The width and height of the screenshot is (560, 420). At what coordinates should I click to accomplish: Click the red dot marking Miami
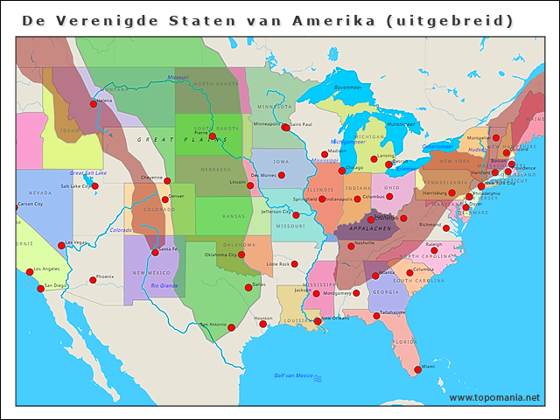point(417,369)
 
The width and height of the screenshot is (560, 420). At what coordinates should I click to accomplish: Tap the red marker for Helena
point(94,104)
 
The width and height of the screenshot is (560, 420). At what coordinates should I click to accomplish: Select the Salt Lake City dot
point(94,185)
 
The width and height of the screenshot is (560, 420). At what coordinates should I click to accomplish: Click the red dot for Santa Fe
point(156,252)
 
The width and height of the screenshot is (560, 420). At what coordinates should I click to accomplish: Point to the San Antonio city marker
point(231,327)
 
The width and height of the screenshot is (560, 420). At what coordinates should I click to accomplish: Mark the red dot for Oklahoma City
point(241,255)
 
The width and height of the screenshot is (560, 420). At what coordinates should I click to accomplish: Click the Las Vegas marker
point(61,246)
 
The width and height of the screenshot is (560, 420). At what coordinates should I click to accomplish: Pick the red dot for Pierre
point(212,136)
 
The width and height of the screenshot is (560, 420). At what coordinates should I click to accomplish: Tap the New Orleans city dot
point(318,321)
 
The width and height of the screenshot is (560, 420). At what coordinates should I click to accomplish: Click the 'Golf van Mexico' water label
point(293,375)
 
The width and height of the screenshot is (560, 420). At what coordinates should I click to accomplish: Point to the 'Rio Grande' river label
point(164,285)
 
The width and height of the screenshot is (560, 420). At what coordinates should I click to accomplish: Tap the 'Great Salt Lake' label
point(88,172)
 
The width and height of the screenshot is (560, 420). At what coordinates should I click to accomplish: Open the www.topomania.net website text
point(493,397)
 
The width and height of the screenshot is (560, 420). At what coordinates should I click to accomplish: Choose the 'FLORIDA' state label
point(405,341)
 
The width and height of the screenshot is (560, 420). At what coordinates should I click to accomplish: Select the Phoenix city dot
point(93,280)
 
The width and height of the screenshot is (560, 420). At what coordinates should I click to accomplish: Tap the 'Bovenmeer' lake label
point(347,87)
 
